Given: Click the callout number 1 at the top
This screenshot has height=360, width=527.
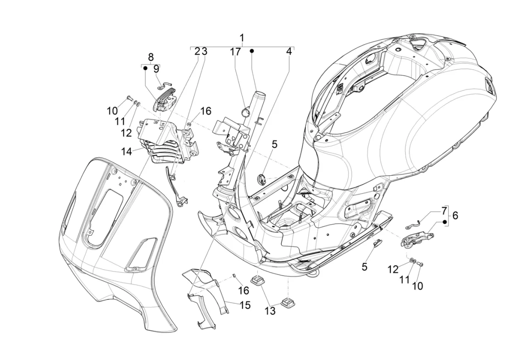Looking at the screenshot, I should (242, 38).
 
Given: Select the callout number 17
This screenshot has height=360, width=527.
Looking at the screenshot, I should (235, 52).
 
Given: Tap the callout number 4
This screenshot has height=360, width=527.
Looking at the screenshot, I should (288, 52).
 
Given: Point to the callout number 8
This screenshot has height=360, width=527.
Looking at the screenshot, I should (150, 57).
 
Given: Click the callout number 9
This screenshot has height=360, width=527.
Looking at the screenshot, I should (156, 69).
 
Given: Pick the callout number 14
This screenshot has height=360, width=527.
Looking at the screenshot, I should (127, 150).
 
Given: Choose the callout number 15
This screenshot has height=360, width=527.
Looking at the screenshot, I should (245, 305).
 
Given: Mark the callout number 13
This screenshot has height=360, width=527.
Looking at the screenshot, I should (270, 311).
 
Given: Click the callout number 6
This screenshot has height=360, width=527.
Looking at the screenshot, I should (455, 215).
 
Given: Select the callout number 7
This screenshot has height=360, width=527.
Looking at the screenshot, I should (444, 211).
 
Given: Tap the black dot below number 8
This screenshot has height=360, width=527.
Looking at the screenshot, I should (145, 68).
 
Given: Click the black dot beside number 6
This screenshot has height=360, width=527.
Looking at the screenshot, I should (444, 222).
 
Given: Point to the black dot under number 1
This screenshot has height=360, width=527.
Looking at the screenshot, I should (251, 52).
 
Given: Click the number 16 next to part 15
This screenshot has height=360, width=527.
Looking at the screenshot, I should (244, 290).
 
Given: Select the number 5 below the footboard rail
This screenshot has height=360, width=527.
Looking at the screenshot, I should (364, 266).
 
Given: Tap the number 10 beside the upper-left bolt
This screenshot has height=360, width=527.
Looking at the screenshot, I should (112, 111).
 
